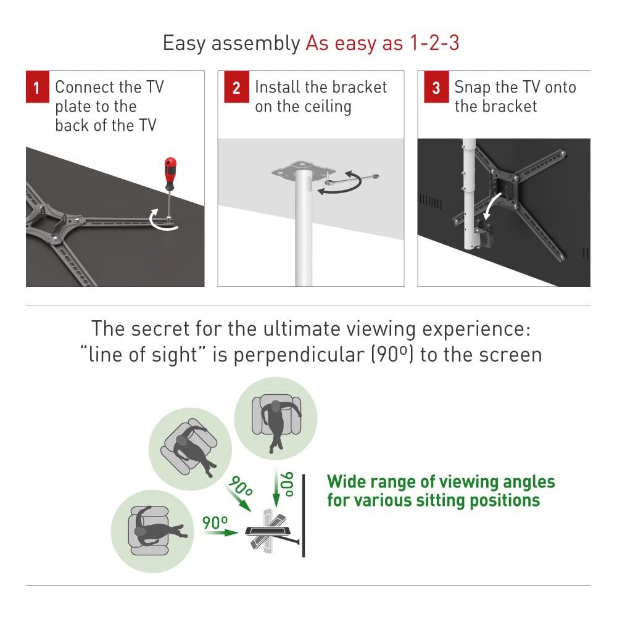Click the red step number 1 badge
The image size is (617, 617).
click(38, 86)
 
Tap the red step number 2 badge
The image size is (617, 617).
click(236, 86)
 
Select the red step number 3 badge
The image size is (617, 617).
click(436, 86)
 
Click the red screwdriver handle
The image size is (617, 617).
click(170, 173)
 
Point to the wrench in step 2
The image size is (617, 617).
click(352, 179)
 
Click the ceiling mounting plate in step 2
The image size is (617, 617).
click(304, 170)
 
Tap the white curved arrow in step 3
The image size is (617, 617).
click(492, 205)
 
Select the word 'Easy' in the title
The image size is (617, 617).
click(184, 43)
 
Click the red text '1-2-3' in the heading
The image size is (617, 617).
click(434, 43)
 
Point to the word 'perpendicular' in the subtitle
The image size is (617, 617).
click(299, 355)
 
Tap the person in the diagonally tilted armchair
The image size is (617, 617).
click(192, 449)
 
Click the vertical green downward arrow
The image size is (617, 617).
click(276, 488)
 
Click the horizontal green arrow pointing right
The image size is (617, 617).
click(220, 532)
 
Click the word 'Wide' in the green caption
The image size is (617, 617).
click(346, 482)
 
